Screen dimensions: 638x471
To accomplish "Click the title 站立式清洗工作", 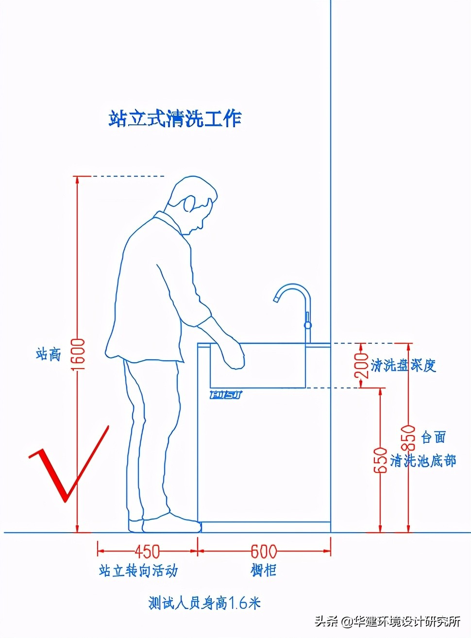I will [175, 118].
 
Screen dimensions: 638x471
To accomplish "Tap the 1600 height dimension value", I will [79, 354].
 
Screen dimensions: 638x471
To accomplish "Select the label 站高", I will [48, 354].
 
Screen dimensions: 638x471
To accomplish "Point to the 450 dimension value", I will [147, 551].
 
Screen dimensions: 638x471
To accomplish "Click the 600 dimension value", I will [264, 551].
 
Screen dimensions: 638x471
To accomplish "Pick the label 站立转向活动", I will [138, 571].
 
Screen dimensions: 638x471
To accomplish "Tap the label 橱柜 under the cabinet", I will [264, 570].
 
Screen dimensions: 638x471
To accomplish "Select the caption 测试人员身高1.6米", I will [204, 603].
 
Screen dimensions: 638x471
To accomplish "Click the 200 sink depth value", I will [362, 365].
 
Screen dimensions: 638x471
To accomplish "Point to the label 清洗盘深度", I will [403, 365].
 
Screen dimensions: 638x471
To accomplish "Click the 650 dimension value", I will [381, 460].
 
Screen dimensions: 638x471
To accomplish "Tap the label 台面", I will [433, 437].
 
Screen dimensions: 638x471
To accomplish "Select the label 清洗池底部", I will [423, 460].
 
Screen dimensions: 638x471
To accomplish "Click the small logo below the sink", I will [226, 394].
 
